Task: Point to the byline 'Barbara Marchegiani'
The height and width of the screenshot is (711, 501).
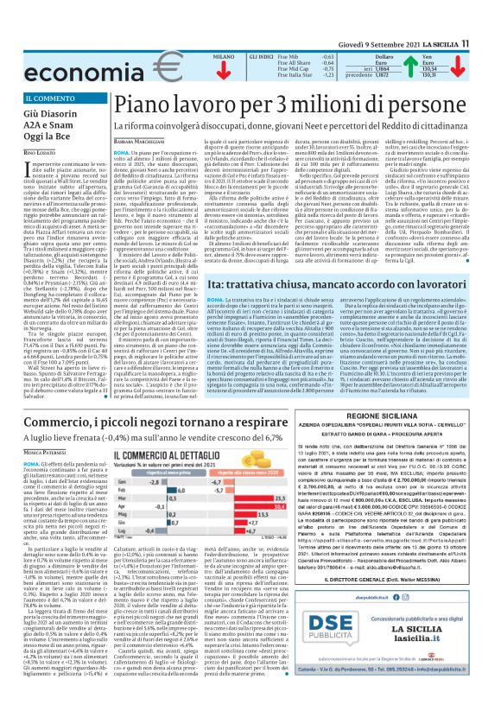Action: click(142, 139)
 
